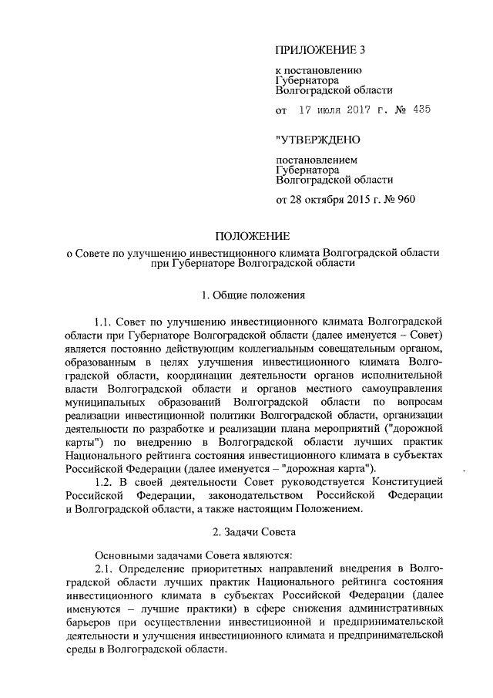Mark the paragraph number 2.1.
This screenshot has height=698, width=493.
point(105,568)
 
